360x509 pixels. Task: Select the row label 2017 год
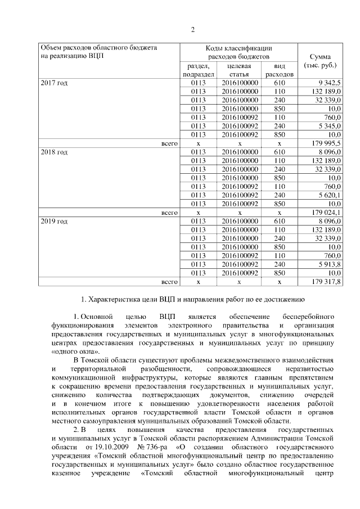point(54,83)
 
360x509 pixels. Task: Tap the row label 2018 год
point(54,152)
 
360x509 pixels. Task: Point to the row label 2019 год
point(54,222)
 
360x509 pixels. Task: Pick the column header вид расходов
point(280,70)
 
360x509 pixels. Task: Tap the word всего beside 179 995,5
point(169,143)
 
